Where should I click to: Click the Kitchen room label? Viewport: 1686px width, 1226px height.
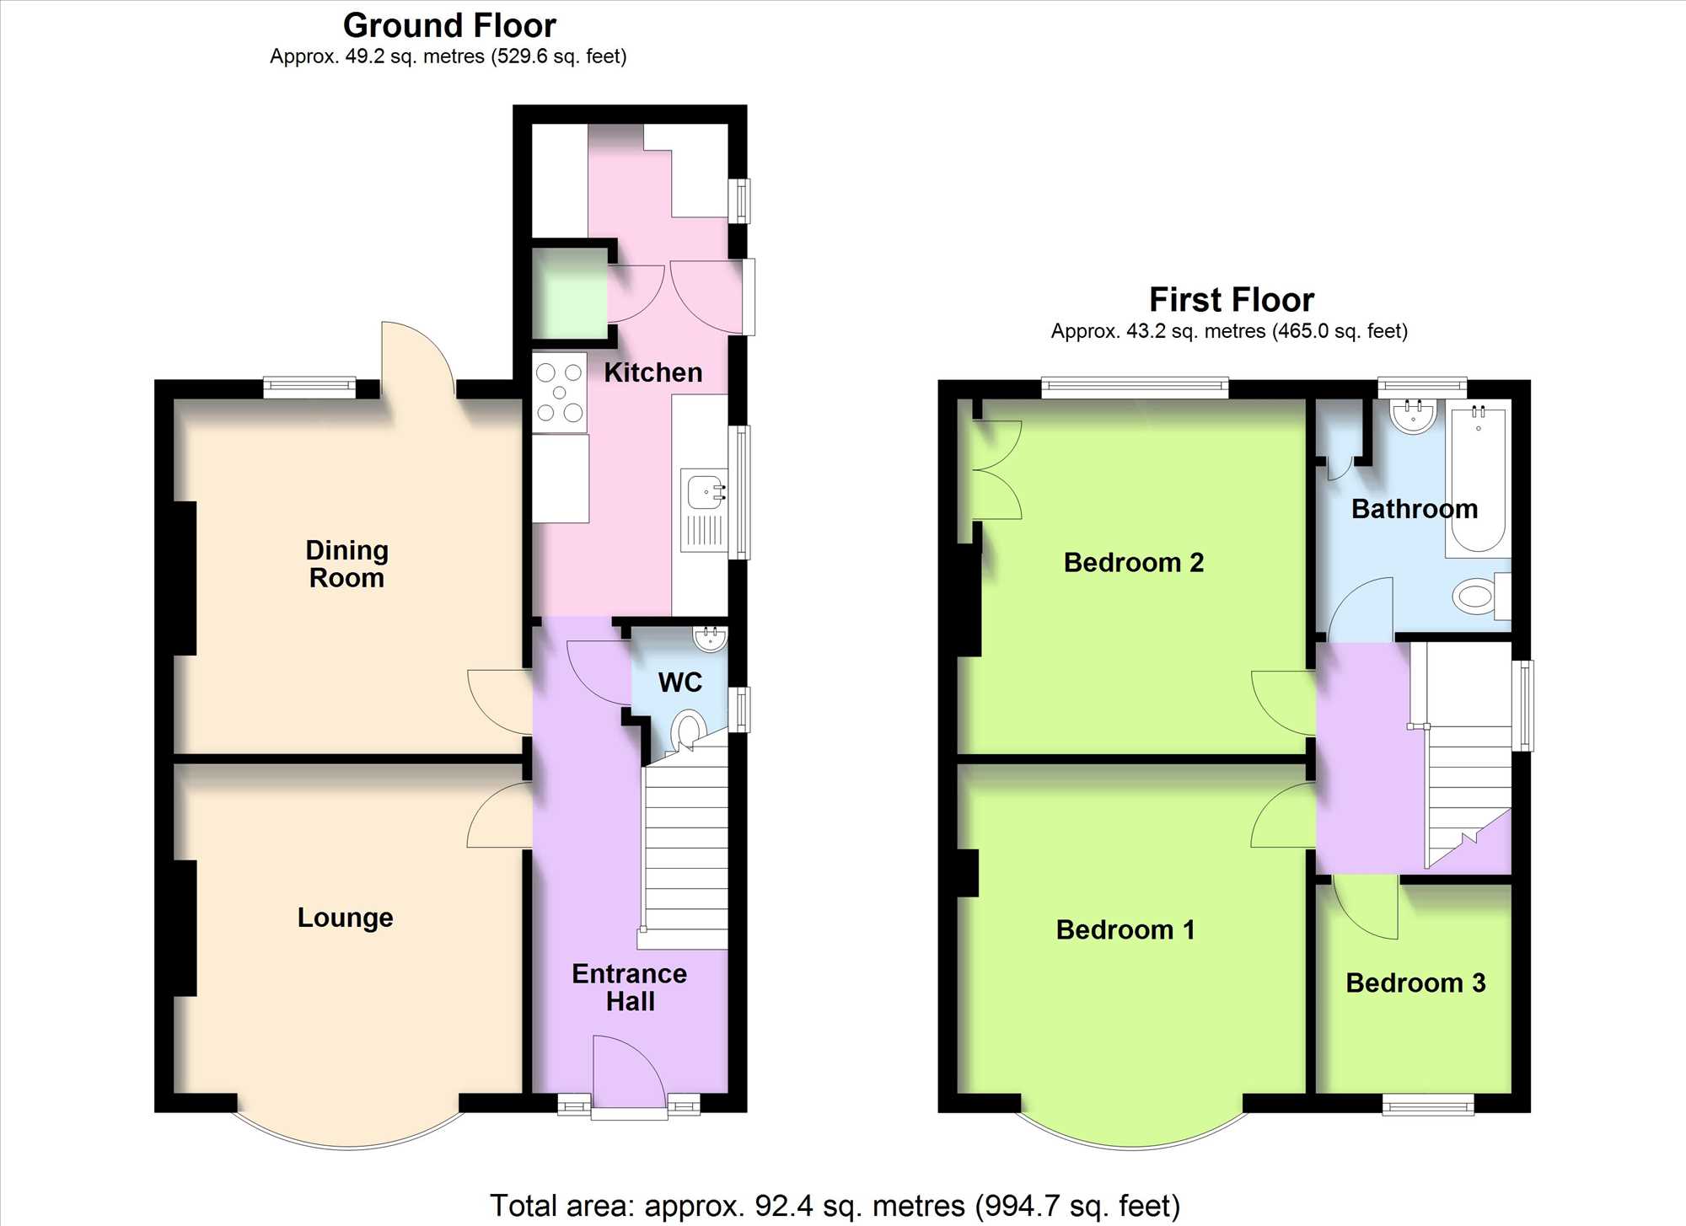click(653, 372)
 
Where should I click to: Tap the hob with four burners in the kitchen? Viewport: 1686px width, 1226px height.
click(560, 393)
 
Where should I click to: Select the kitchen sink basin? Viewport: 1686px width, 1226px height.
click(705, 492)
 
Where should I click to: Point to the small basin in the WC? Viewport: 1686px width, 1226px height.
click(711, 639)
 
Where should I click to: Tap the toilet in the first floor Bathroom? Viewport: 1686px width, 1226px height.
click(1481, 597)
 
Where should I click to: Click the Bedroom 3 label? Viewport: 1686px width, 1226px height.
click(1415, 982)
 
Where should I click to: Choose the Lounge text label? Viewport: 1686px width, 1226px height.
click(346, 917)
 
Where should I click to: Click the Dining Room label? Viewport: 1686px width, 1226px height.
click(346, 564)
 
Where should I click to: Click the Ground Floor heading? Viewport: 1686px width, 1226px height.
click(449, 26)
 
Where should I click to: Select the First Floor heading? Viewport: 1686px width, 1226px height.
click(1232, 300)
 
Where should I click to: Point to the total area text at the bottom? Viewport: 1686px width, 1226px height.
click(835, 1206)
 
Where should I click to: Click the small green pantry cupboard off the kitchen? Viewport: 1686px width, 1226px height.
click(569, 293)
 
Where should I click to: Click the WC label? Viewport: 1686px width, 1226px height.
click(680, 683)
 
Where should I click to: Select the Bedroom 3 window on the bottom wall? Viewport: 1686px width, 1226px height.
click(1428, 1104)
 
